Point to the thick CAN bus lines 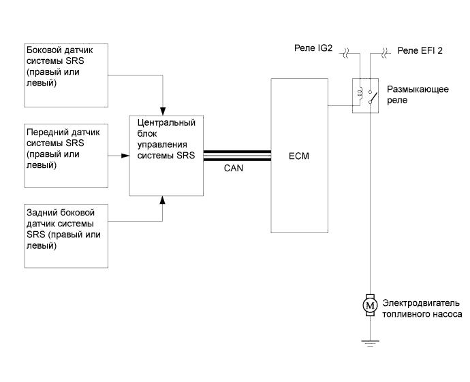237,156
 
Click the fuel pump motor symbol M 370,306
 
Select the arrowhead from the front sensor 125,156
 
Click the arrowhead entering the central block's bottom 163,199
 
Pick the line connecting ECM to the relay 341,105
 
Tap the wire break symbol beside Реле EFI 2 385,50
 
